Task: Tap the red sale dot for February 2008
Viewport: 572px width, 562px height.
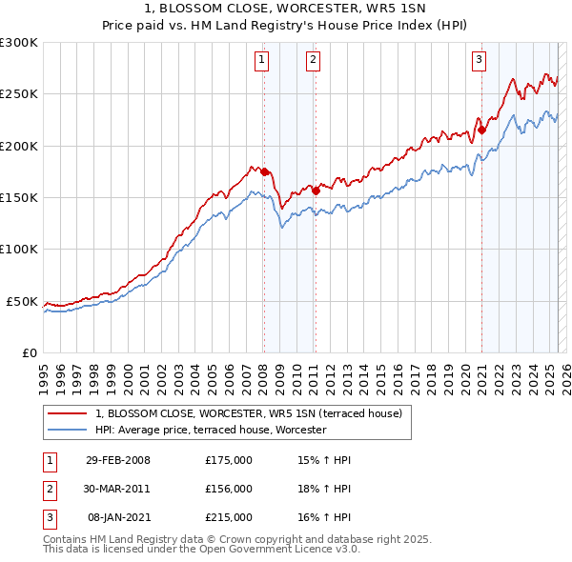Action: [264, 171]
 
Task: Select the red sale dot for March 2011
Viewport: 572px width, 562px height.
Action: [316, 191]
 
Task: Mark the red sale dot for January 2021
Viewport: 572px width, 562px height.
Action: [481, 130]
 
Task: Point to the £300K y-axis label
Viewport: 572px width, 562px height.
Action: [19, 43]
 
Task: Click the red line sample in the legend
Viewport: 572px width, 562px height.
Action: [67, 413]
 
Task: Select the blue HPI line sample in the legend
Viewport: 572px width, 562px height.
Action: [67, 431]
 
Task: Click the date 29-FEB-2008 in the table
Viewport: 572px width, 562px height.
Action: [118, 460]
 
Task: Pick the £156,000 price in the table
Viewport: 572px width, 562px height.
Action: [228, 489]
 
